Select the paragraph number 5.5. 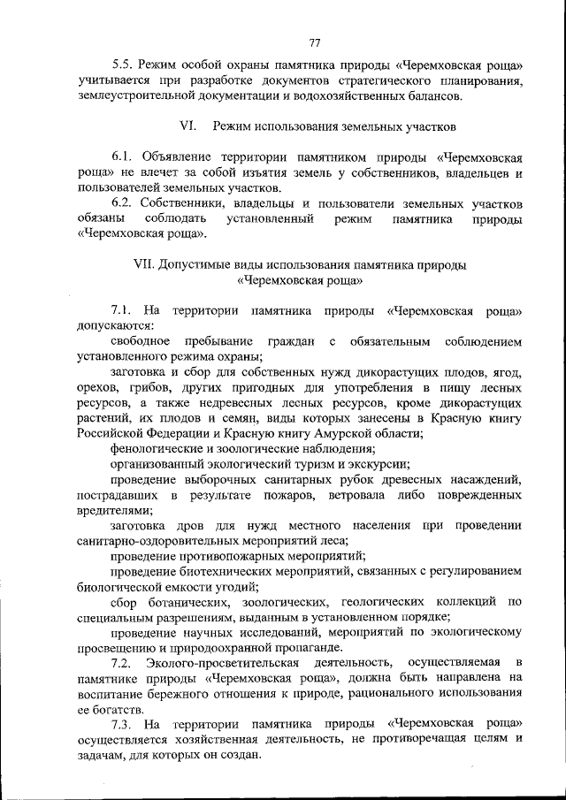tap(123, 66)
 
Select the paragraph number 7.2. tap(123, 661)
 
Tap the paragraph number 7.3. tap(123, 724)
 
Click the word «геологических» tap(386, 604)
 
